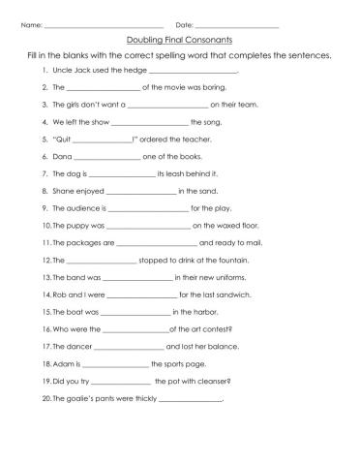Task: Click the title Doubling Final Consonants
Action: pyautogui.click(x=180, y=41)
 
